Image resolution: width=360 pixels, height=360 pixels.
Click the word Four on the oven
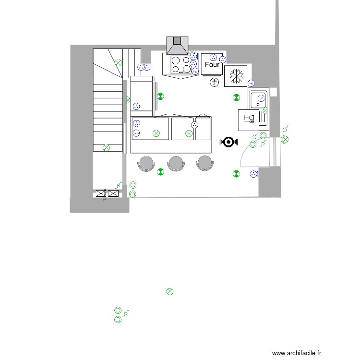(x=212, y=64)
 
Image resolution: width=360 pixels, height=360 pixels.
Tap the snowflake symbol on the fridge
(x=236, y=75)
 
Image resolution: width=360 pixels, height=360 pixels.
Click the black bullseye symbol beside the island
(x=228, y=142)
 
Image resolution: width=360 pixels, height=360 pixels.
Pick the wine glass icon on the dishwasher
(x=249, y=119)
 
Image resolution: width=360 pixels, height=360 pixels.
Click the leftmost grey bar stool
(x=146, y=163)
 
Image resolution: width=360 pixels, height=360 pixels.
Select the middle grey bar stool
(x=176, y=163)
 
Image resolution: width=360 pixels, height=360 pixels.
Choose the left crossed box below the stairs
(x=101, y=194)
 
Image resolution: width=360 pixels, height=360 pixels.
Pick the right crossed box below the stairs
(x=113, y=194)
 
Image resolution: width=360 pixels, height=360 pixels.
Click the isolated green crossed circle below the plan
(x=169, y=291)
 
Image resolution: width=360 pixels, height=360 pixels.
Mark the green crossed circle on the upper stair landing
(x=118, y=62)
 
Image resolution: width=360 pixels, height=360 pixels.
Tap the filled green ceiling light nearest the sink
(x=236, y=97)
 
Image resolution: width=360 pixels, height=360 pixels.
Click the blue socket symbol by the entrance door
(x=254, y=174)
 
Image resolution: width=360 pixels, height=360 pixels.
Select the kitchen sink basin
(x=259, y=100)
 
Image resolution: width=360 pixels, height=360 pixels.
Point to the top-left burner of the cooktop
(x=176, y=60)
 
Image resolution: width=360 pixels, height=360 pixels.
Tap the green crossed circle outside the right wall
(x=285, y=139)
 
